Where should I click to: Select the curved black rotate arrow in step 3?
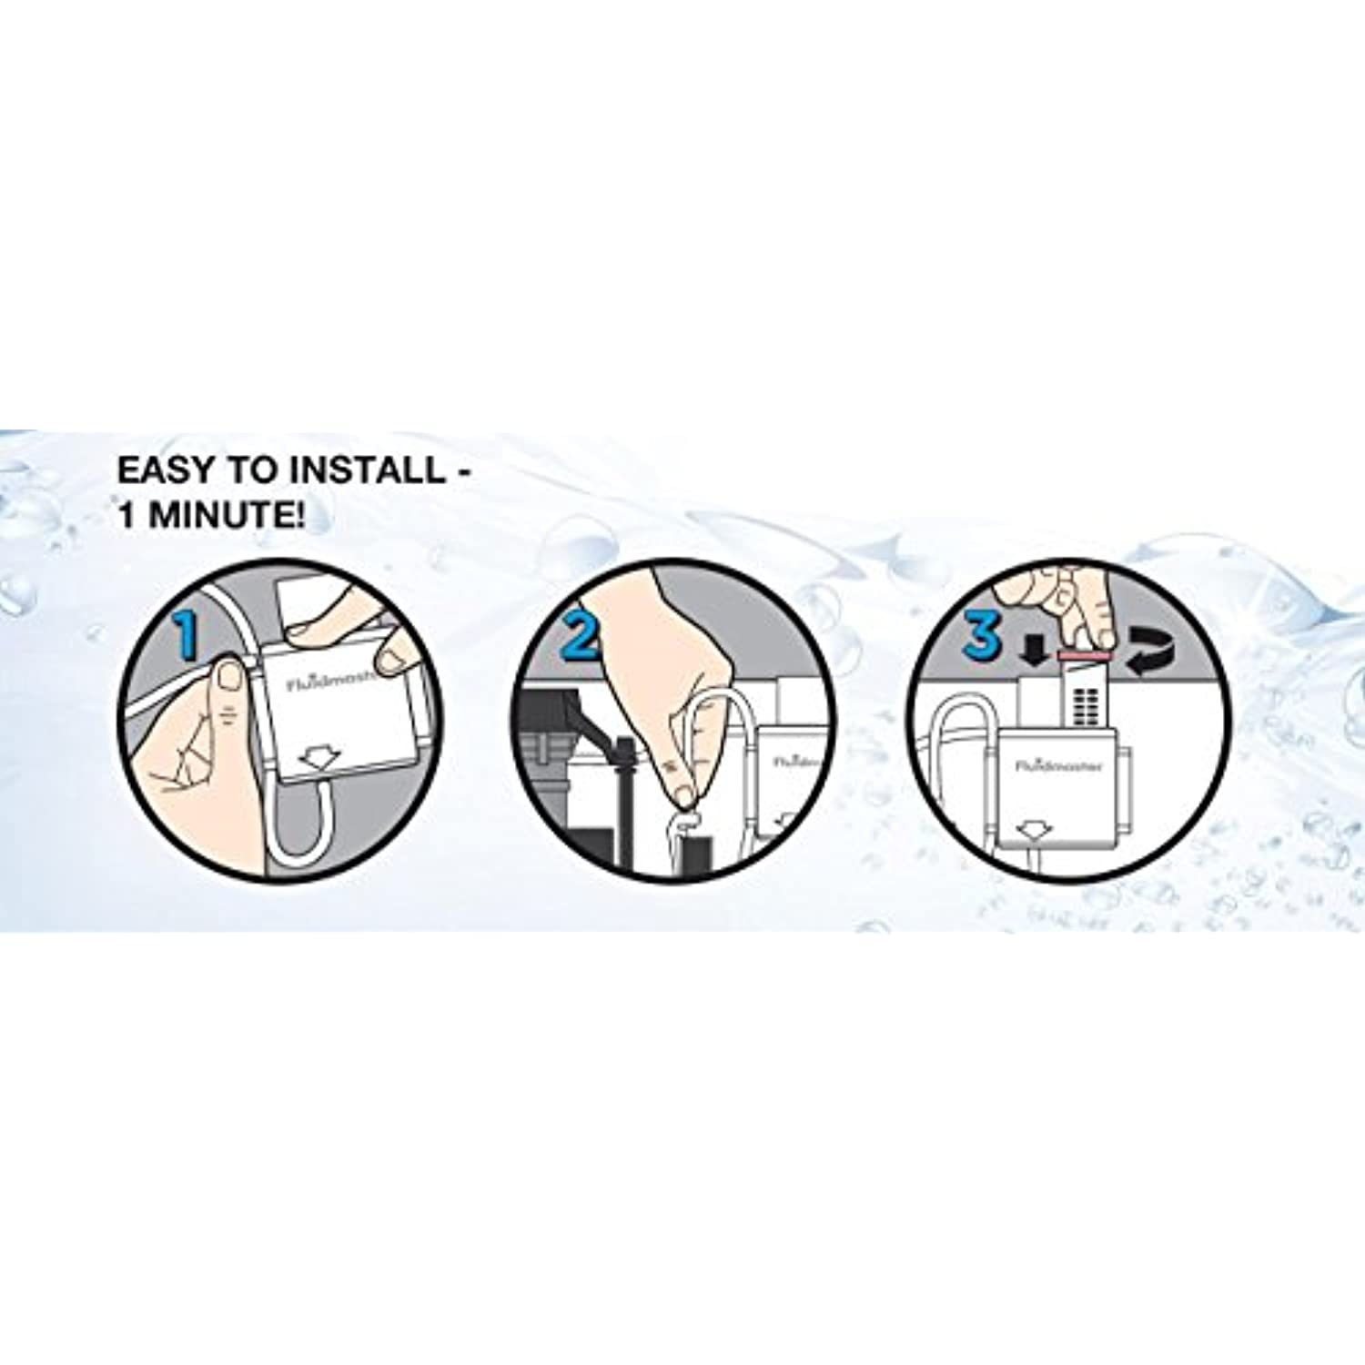pyautogui.click(x=1150, y=654)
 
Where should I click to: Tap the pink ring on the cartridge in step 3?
pyautogui.click(x=1085, y=653)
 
